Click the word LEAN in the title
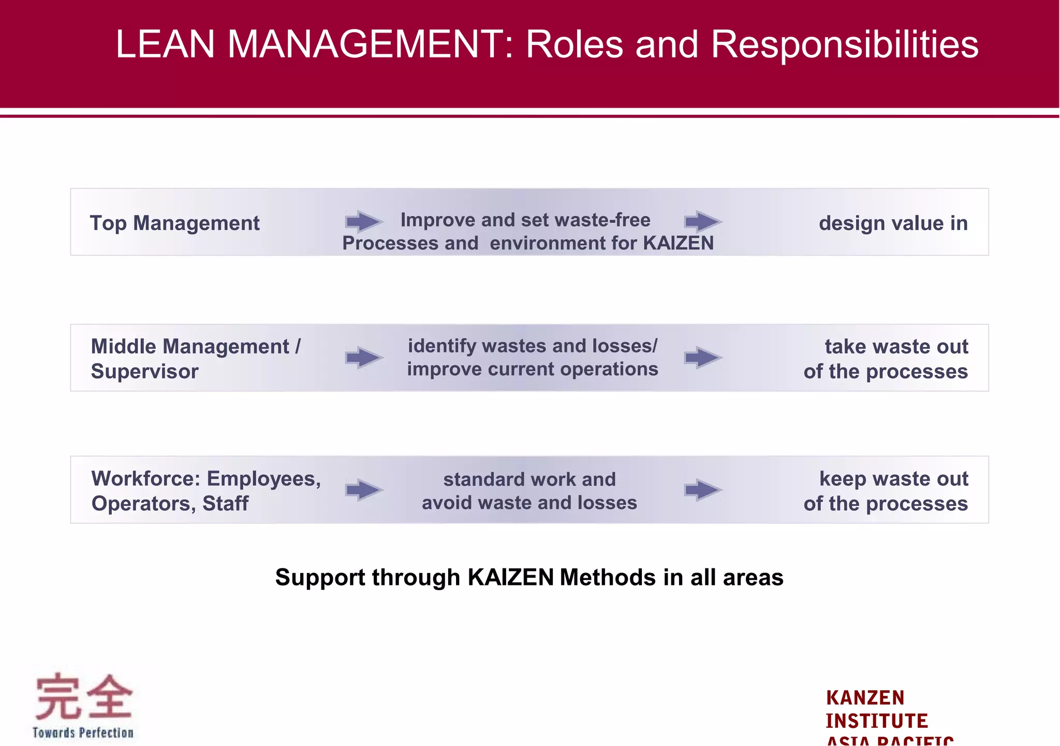pyautogui.click(x=165, y=45)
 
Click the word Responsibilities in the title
pyautogui.click(x=844, y=45)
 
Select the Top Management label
pyautogui.click(x=174, y=223)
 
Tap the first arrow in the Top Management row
pyautogui.click(x=364, y=222)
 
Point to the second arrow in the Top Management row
pyautogui.click(x=702, y=222)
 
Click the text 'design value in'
pyautogui.click(x=893, y=223)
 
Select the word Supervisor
pyautogui.click(x=144, y=371)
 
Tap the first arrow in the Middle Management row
pyautogui.click(x=364, y=358)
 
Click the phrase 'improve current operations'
pyautogui.click(x=533, y=369)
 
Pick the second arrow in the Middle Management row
pyautogui.click(x=702, y=358)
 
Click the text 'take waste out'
pyautogui.click(x=896, y=346)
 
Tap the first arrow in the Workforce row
pyautogui.click(x=364, y=490)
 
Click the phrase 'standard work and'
pyautogui.click(x=529, y=479)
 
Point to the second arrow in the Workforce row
pyautogui.click(x=702, y=490)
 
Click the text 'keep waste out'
pyautogui.click(x=893, y=478)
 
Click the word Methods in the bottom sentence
pyautogui.click(x=608, y=577)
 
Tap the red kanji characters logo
pyautogui.click(x=83, y=697)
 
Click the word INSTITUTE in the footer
pyautogui.click(x=876, y=721)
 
